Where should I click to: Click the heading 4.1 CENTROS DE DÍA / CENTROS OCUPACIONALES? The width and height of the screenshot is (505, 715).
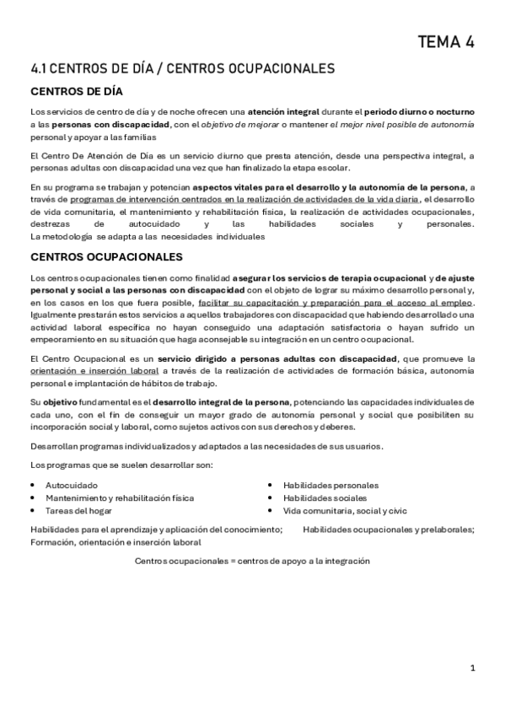pos(183,67)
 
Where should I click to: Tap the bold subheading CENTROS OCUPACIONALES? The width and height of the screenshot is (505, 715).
pos(107,255)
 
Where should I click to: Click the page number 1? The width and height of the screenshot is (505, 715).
pos(473,668)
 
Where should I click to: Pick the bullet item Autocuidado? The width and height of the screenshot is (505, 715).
pos(71,486)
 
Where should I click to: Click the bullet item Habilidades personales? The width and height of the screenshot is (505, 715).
pos(330,486)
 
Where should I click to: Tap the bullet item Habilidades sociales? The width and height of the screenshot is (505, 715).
pos(325,497)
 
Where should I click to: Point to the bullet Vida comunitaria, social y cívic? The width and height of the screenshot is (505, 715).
pos(345,510)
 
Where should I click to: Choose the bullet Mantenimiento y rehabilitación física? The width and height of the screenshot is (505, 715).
pos(119,497)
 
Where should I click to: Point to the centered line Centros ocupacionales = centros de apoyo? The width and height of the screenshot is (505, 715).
pos(252,562)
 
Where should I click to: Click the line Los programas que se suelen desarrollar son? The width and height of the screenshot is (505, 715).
pos(121,466)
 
